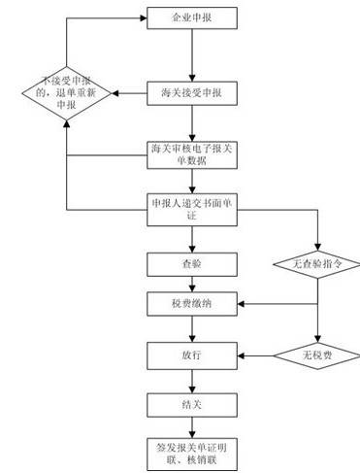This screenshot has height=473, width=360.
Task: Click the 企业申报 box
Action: tap(193, 18)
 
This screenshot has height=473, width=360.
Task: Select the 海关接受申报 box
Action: tap(193, 94)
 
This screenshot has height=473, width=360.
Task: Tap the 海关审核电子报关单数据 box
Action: tap(193, 154)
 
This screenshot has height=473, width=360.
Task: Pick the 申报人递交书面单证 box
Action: tap(193, 209)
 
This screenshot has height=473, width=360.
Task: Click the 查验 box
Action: tap(193, 263)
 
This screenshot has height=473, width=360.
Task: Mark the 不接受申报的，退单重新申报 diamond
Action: tap(65, 94)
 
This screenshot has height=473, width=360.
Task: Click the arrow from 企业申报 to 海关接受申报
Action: tap(193, 55)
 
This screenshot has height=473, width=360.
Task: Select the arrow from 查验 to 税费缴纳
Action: tap(193, 284)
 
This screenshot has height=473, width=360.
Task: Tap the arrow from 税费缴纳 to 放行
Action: tap(193, 329)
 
